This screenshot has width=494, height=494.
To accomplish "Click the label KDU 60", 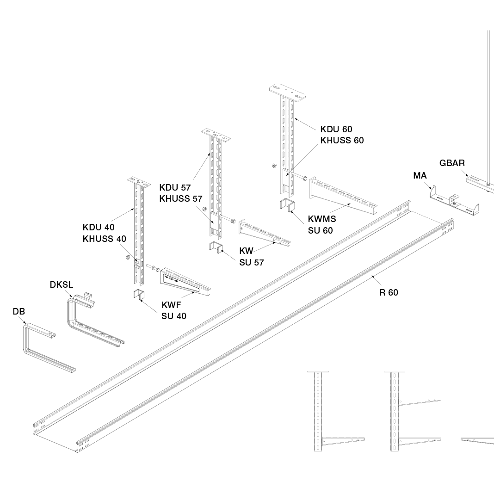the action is (336, 129).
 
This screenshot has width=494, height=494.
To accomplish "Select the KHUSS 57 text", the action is (181, 199).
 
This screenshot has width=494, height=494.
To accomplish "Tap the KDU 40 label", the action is (99, 228).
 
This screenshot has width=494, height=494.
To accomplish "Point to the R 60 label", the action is (389, 293).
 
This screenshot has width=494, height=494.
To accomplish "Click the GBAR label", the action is (452, 163).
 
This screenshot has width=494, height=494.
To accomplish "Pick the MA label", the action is (420, 176).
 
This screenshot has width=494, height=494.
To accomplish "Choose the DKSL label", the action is (62, 285).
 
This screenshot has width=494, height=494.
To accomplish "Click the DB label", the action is (19, 312).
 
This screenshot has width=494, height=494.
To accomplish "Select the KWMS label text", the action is (322, 219).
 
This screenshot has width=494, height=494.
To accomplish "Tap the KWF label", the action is (172, 305).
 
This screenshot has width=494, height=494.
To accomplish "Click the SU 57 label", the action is (252, 262).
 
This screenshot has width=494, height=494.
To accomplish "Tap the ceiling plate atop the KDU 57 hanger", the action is (216, 135).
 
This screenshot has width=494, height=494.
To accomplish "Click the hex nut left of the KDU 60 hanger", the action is (274, 165).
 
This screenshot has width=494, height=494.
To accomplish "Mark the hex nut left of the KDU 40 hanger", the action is (128, 257).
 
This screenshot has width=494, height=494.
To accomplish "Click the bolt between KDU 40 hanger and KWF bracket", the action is (153, 267).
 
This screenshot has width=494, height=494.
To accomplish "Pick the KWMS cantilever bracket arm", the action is (343, 196).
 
